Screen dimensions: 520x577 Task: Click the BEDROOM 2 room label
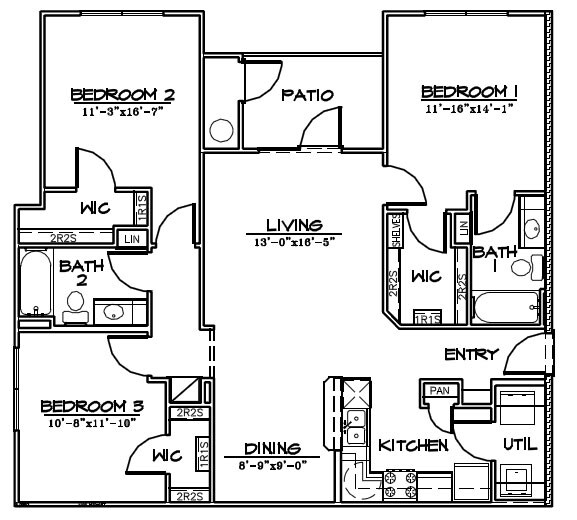[123, 95]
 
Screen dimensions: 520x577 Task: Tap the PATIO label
[306, 96]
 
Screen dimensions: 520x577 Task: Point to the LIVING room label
[293, 225]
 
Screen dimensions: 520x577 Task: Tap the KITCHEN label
[413, 445]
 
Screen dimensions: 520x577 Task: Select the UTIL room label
[520, 443]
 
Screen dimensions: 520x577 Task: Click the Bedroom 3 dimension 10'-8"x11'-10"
[93, 422]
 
